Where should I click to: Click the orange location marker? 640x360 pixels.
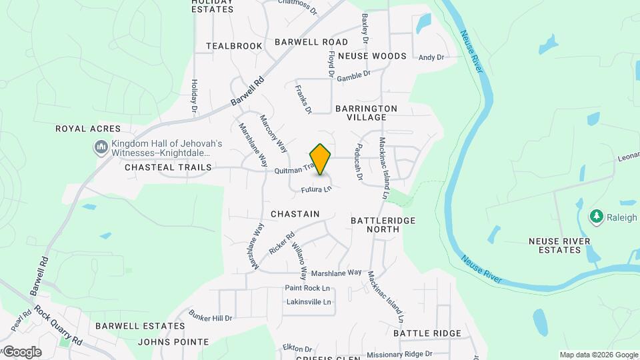[x=321, y=159]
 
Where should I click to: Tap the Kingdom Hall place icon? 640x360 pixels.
[x=101, y=146]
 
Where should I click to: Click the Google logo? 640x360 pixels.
[x=22, y=351]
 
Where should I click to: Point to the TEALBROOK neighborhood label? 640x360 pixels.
[x=234, y=46]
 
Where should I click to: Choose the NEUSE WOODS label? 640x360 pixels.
[x=372, y=57]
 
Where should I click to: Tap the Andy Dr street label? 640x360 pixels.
[x=431, y=58]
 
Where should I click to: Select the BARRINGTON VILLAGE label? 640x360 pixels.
[x=366, y=113]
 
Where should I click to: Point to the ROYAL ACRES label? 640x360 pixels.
[x=88, y=129]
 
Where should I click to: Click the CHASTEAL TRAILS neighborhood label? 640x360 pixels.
[x=167, y=168]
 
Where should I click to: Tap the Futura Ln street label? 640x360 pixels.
[x=316, y=190]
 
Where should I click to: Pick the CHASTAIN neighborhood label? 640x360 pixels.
[x=295, y=214]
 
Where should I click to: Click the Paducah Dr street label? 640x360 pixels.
[x=359, y=163]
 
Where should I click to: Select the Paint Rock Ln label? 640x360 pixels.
[x=307, y=288]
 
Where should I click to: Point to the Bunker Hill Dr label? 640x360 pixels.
[x=210, y=315]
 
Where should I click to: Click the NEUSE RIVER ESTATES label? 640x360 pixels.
[x=554, y=245]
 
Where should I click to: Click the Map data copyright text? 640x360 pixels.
[x=597, y=355]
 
